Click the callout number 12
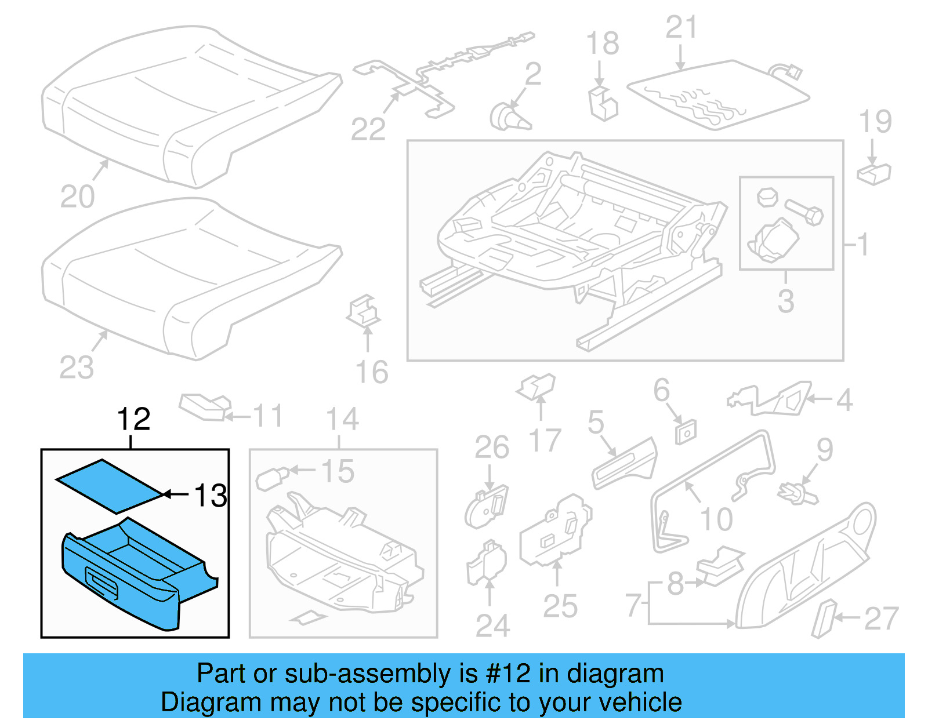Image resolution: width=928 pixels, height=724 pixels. coord(133,419)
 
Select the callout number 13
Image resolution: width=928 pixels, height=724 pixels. coord(210,496)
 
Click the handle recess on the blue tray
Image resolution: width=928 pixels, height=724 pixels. coord(102,583)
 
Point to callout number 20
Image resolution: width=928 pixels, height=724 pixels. coord(77,197)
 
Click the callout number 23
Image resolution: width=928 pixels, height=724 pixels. coord(77,368)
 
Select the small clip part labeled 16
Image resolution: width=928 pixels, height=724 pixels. coord(364,311)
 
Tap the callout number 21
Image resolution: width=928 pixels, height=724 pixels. coord(681,27)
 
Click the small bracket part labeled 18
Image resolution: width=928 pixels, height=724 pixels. coord(603,104)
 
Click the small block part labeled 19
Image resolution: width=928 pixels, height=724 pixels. coord(873,173)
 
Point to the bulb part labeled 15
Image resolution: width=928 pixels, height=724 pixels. coord(271,478)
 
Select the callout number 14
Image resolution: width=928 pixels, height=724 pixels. coord(342,419)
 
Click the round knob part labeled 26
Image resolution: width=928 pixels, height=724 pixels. coord(486,508)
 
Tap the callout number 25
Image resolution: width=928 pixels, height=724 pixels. coord(560,606)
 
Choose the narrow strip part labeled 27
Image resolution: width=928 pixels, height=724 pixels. coord(824,619)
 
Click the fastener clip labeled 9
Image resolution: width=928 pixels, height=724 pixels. coord(798,494)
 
